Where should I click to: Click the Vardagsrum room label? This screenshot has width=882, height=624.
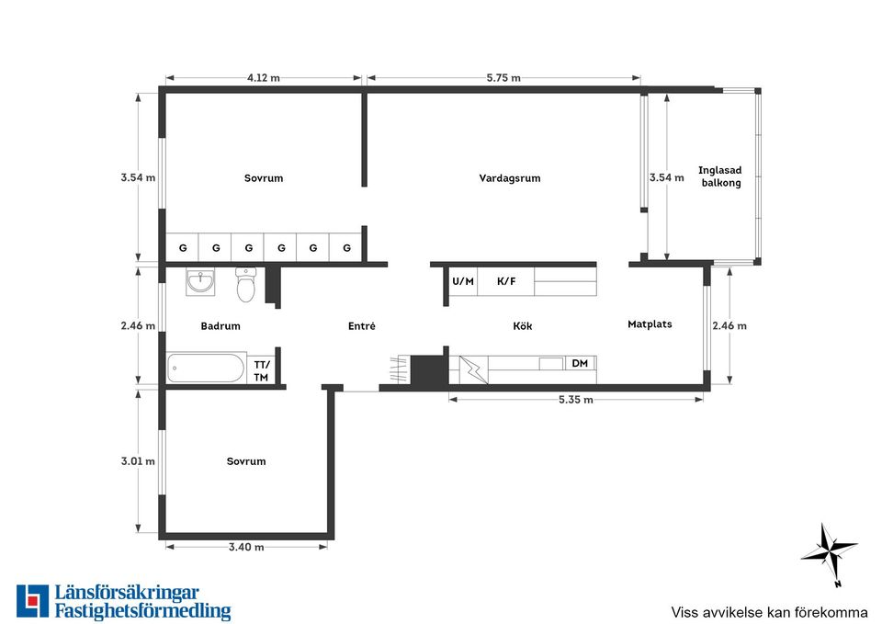[510, 178]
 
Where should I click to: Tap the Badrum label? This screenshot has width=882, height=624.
[220, 326]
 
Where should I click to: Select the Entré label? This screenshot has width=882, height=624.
[362, 326]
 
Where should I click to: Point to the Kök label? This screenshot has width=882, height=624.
[523, 326]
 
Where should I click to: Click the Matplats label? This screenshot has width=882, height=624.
[650, 324]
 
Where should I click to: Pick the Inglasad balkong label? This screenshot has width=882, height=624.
[720, 176]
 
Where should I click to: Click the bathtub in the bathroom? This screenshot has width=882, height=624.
[207, 368]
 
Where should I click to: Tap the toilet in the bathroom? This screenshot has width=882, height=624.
[246, 284]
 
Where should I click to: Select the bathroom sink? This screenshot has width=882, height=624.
[200, 282]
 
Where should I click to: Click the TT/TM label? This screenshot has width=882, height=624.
[261, 371]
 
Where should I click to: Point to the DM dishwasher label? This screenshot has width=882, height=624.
[580, 364]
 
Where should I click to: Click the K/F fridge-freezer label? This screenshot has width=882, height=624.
[506, 281]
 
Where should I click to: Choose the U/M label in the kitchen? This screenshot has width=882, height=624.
[463, 281]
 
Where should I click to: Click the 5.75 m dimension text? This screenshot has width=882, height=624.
[503, 77]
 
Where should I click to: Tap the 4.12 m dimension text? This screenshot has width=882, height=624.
[264, 77]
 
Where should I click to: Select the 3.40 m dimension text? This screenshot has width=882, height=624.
[246, 547]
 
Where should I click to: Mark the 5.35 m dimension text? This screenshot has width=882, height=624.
[575, 400]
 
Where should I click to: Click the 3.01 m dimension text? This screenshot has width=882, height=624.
[138, 461]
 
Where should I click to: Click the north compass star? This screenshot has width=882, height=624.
[829, 552]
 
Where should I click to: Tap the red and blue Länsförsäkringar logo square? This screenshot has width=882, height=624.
[33, 601]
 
